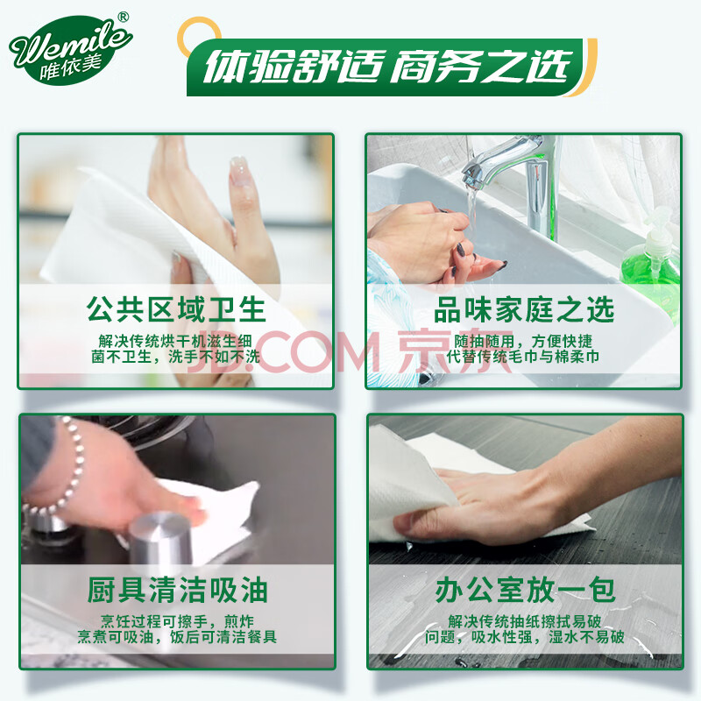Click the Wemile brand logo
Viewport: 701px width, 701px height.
(x=70, y=50)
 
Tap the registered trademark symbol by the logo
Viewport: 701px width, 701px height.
(x=123, y=17)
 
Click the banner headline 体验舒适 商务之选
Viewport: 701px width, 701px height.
(x=388, y=67)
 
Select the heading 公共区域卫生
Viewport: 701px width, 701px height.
(x=176, y=309)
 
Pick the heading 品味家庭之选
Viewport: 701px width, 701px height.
(x=524, y=309)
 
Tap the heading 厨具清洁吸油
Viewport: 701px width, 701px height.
(x=177, y=590)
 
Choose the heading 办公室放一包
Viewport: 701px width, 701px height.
(x=525, y=590)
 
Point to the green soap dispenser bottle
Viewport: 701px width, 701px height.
(x=652, y=255)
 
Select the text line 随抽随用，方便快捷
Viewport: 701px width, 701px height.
(x=523, y=341)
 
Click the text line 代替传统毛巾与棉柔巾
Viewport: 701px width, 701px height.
(x=523, y=357)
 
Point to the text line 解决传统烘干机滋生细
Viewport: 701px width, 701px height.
(x=175, y=341)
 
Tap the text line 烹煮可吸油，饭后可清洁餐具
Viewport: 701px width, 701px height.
(x=177, y=637)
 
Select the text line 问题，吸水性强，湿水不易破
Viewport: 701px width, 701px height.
(x=524, y=637)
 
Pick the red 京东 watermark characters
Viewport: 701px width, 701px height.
(x=455, y=351)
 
